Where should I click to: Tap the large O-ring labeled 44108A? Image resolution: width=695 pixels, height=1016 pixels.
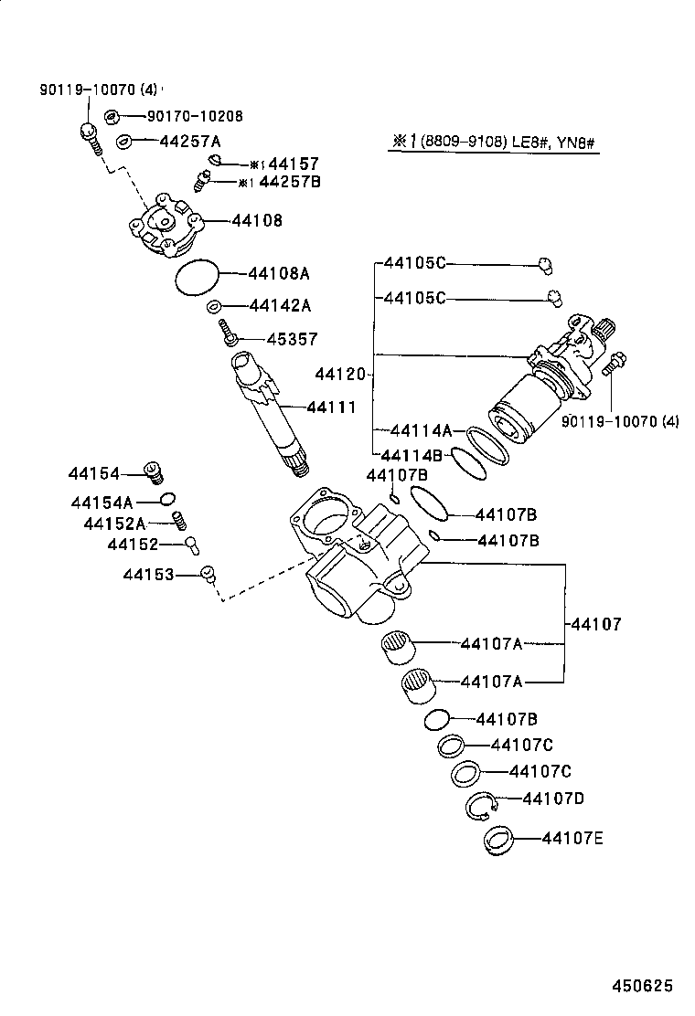197,278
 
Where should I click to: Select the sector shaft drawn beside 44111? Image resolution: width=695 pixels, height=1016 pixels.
269,411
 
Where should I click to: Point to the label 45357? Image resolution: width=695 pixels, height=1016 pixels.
292,339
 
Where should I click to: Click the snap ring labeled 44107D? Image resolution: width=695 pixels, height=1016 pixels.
480,805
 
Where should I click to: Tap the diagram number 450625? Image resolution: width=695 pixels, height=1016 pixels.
642,987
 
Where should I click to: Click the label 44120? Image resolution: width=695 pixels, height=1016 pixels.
340,375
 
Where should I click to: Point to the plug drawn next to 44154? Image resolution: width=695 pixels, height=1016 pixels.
156,473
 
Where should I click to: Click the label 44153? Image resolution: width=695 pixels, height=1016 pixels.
149,574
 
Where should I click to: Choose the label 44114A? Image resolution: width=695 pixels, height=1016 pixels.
421,429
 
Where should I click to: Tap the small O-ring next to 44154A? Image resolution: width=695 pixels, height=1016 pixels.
166,499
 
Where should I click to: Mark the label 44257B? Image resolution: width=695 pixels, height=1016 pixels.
288,183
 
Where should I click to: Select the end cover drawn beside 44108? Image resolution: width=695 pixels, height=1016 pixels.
165,225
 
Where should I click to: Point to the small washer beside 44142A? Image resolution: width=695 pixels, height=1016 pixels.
212,306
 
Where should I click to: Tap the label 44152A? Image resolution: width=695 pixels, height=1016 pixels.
114,524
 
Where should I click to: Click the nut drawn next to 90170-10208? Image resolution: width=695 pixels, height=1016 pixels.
112,117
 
